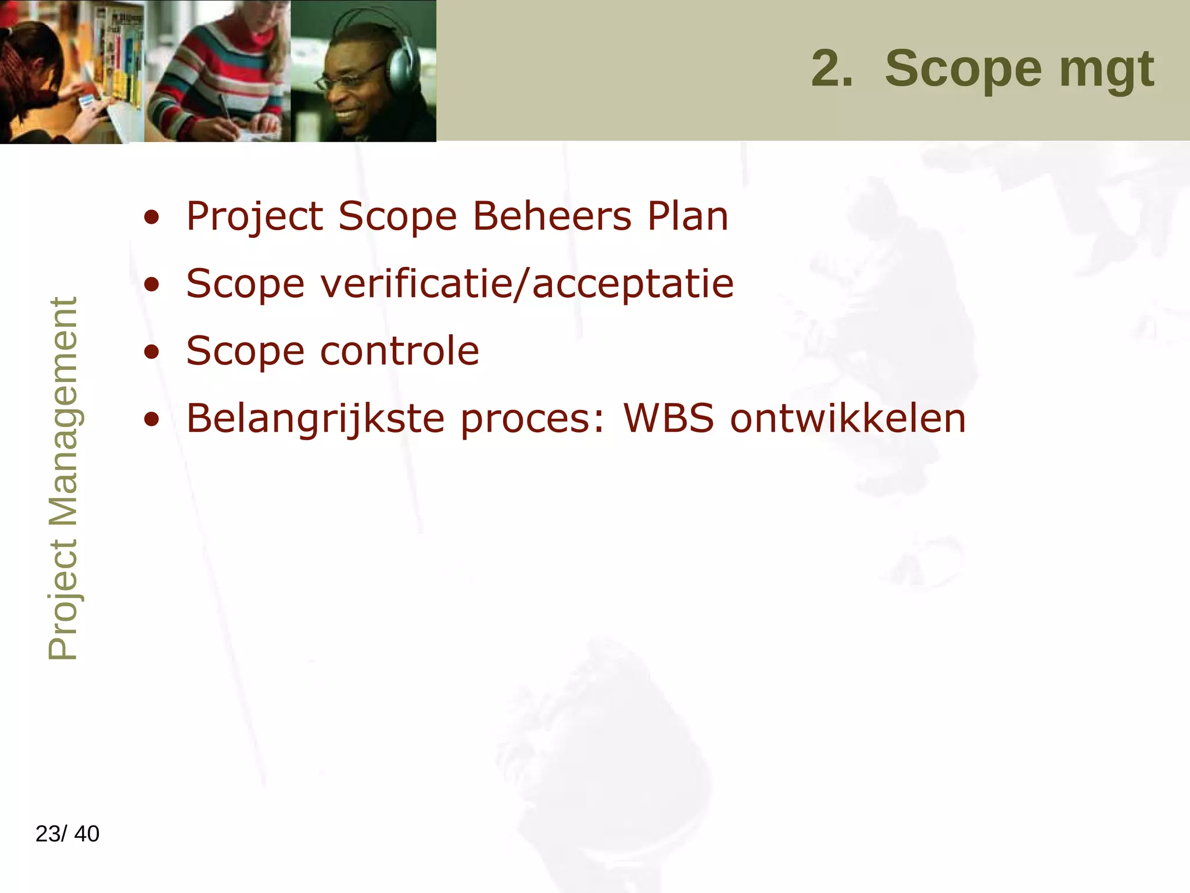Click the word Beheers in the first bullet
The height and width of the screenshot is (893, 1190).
click(x=551, y=216)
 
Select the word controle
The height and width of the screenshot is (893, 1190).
click(x=400, y=351)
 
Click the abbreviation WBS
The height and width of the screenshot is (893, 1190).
click(x=669, y=418)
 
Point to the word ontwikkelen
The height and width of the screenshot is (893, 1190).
click(x=848, y=418)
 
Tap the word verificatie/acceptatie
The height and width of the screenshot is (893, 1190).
click(x=527, y=284)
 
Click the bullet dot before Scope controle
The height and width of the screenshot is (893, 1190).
click(x=152, y=352)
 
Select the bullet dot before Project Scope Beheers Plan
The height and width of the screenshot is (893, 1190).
click(x=152, y=217)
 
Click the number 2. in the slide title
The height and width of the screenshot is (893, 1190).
click(x=832, y=69)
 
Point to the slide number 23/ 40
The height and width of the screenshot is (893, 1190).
click(x=67, y=834)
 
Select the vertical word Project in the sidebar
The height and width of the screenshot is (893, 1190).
click(x=63, y=600)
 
